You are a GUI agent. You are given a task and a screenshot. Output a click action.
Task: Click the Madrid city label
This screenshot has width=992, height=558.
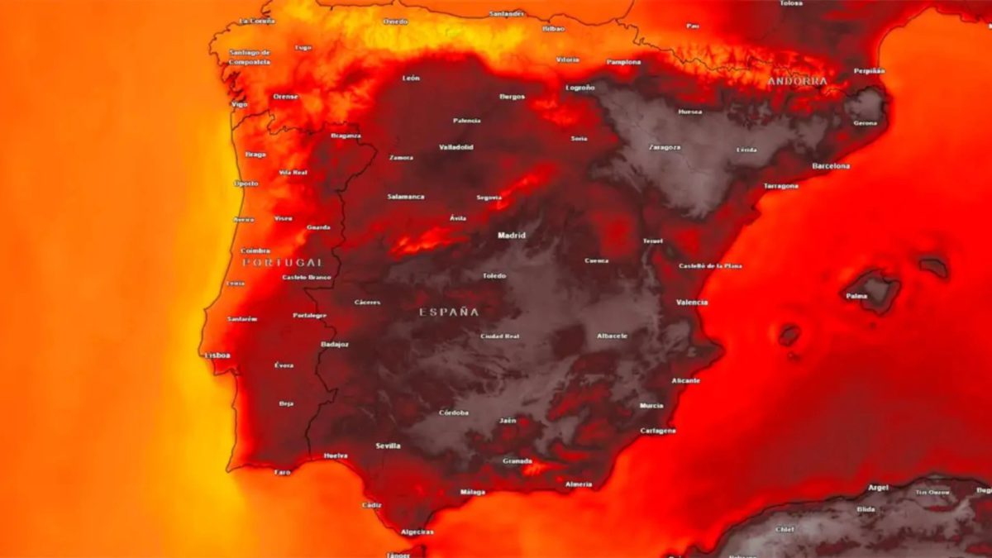coord(511,236)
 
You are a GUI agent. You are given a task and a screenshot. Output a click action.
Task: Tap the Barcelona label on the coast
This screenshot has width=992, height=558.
coord(830,166)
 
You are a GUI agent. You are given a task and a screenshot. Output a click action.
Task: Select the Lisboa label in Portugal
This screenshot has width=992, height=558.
coord(217,355)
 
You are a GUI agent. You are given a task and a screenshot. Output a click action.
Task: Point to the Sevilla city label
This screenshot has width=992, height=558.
coord(388,446)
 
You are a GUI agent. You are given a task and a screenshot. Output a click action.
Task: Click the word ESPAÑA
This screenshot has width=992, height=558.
coord(448,312)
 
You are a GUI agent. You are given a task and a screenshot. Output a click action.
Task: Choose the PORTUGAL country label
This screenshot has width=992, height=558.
coord(282,262)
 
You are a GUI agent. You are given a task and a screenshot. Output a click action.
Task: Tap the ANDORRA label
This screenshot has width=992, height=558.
coord(797,81)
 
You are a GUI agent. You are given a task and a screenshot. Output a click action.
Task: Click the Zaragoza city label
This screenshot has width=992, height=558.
coord(665,147)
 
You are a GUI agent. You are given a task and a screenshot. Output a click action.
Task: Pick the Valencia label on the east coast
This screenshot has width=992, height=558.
coord(691,303)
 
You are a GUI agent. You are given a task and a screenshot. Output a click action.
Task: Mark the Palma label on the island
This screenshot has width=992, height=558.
coord(856,295)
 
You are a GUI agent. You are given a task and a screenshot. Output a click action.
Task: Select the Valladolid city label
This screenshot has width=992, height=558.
coord(456,147)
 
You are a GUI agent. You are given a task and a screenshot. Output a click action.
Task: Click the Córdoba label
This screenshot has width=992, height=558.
coord(453,413)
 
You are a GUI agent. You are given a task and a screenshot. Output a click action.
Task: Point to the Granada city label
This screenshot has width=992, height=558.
coord(517,461)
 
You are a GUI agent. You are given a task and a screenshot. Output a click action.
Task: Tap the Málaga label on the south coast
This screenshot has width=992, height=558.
coord(473,492)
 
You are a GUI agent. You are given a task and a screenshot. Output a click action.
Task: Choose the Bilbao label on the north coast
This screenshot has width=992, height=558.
coord(553,28)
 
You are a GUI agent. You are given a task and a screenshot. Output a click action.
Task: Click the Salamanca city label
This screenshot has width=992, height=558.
coord(406,197)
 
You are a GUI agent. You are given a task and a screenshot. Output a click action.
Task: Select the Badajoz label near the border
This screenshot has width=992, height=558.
coord(334,344)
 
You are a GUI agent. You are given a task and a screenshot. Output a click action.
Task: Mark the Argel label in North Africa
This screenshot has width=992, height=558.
coord(878,488)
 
